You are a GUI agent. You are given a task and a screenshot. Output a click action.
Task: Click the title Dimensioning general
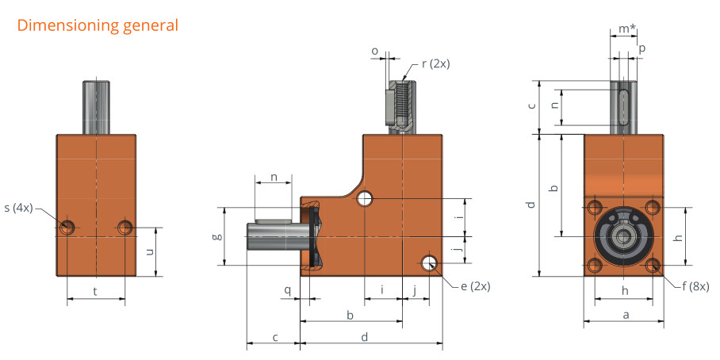pyautogui.click(x=98, y=25)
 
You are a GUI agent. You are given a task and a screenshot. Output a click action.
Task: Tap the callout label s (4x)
pyautogui.click(x=19, y=208)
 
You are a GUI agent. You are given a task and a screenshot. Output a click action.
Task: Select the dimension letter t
pyautogui.click(x=95, y=291)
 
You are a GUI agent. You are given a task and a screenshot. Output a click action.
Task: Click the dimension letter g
pyautogui.click(x=219, y=236)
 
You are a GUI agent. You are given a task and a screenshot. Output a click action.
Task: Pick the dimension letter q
pyautogui.click(x=288, y=290)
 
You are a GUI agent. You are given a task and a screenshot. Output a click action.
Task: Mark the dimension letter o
pyautogui.click(x=375, y=51)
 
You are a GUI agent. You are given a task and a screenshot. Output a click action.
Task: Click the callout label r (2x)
pyautogui.click(x=436, y=63)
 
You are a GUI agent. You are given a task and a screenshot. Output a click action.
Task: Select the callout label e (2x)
pyautogui.click(x=475, y=286)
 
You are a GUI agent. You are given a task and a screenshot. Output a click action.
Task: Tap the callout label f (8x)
pyautogui.click(x=695, y=287)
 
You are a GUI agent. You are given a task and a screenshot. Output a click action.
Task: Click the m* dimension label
pyautogui.click(x=627, y=29)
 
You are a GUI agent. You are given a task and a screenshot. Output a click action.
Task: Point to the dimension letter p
pyautogui.click(x=642, y=49)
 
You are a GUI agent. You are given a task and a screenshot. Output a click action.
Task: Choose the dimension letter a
pyautogui.click(x=625, y=315)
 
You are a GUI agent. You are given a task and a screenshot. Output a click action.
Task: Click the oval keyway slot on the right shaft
pyautogui.click(x=623, y=107)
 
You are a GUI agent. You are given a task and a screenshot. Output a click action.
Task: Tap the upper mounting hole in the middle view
pyautogui.click(x=365, y=199)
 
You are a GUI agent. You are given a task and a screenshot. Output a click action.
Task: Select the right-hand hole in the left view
pyautogui.click(x=125, y=227)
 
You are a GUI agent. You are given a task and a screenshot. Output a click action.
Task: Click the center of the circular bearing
pyautogui.click(x=623, y=236)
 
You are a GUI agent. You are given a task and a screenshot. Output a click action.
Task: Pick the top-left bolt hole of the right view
pyautogui.click(x=595, y=208)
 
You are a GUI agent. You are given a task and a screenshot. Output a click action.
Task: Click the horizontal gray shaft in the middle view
pyautogui.click(x=278, y=235)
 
